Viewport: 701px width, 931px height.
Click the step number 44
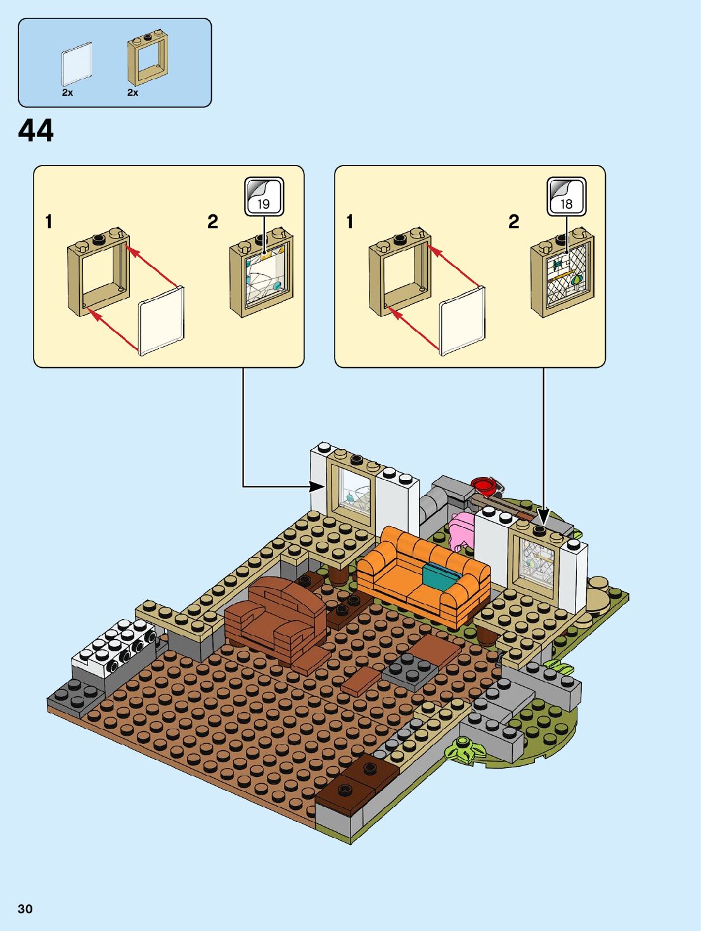tap(36, 131)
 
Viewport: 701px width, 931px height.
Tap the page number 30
tap(25, 909)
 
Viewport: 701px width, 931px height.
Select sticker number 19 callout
tap(264, 197)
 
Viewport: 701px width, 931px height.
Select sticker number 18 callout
tap(566, 197)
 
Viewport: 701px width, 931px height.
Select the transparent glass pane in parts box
tap(77, 64)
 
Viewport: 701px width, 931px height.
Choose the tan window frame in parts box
tap(147, 60)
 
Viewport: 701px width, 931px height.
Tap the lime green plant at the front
tap(465, 750)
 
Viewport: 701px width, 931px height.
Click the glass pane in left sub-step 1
tap(161, 320)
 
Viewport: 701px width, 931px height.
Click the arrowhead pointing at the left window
tap(318, 486)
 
